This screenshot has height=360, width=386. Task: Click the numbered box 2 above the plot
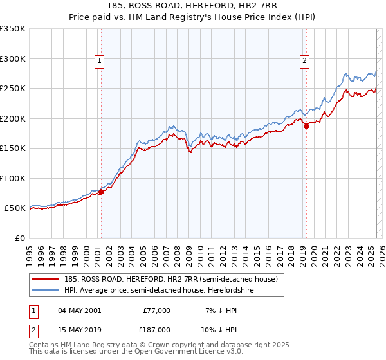(x=304, y=62)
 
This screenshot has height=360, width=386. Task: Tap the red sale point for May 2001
(x=101, y=192)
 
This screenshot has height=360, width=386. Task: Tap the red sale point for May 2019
(x=306, y=127)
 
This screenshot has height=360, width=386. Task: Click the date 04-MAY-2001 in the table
(x=79, y=310)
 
